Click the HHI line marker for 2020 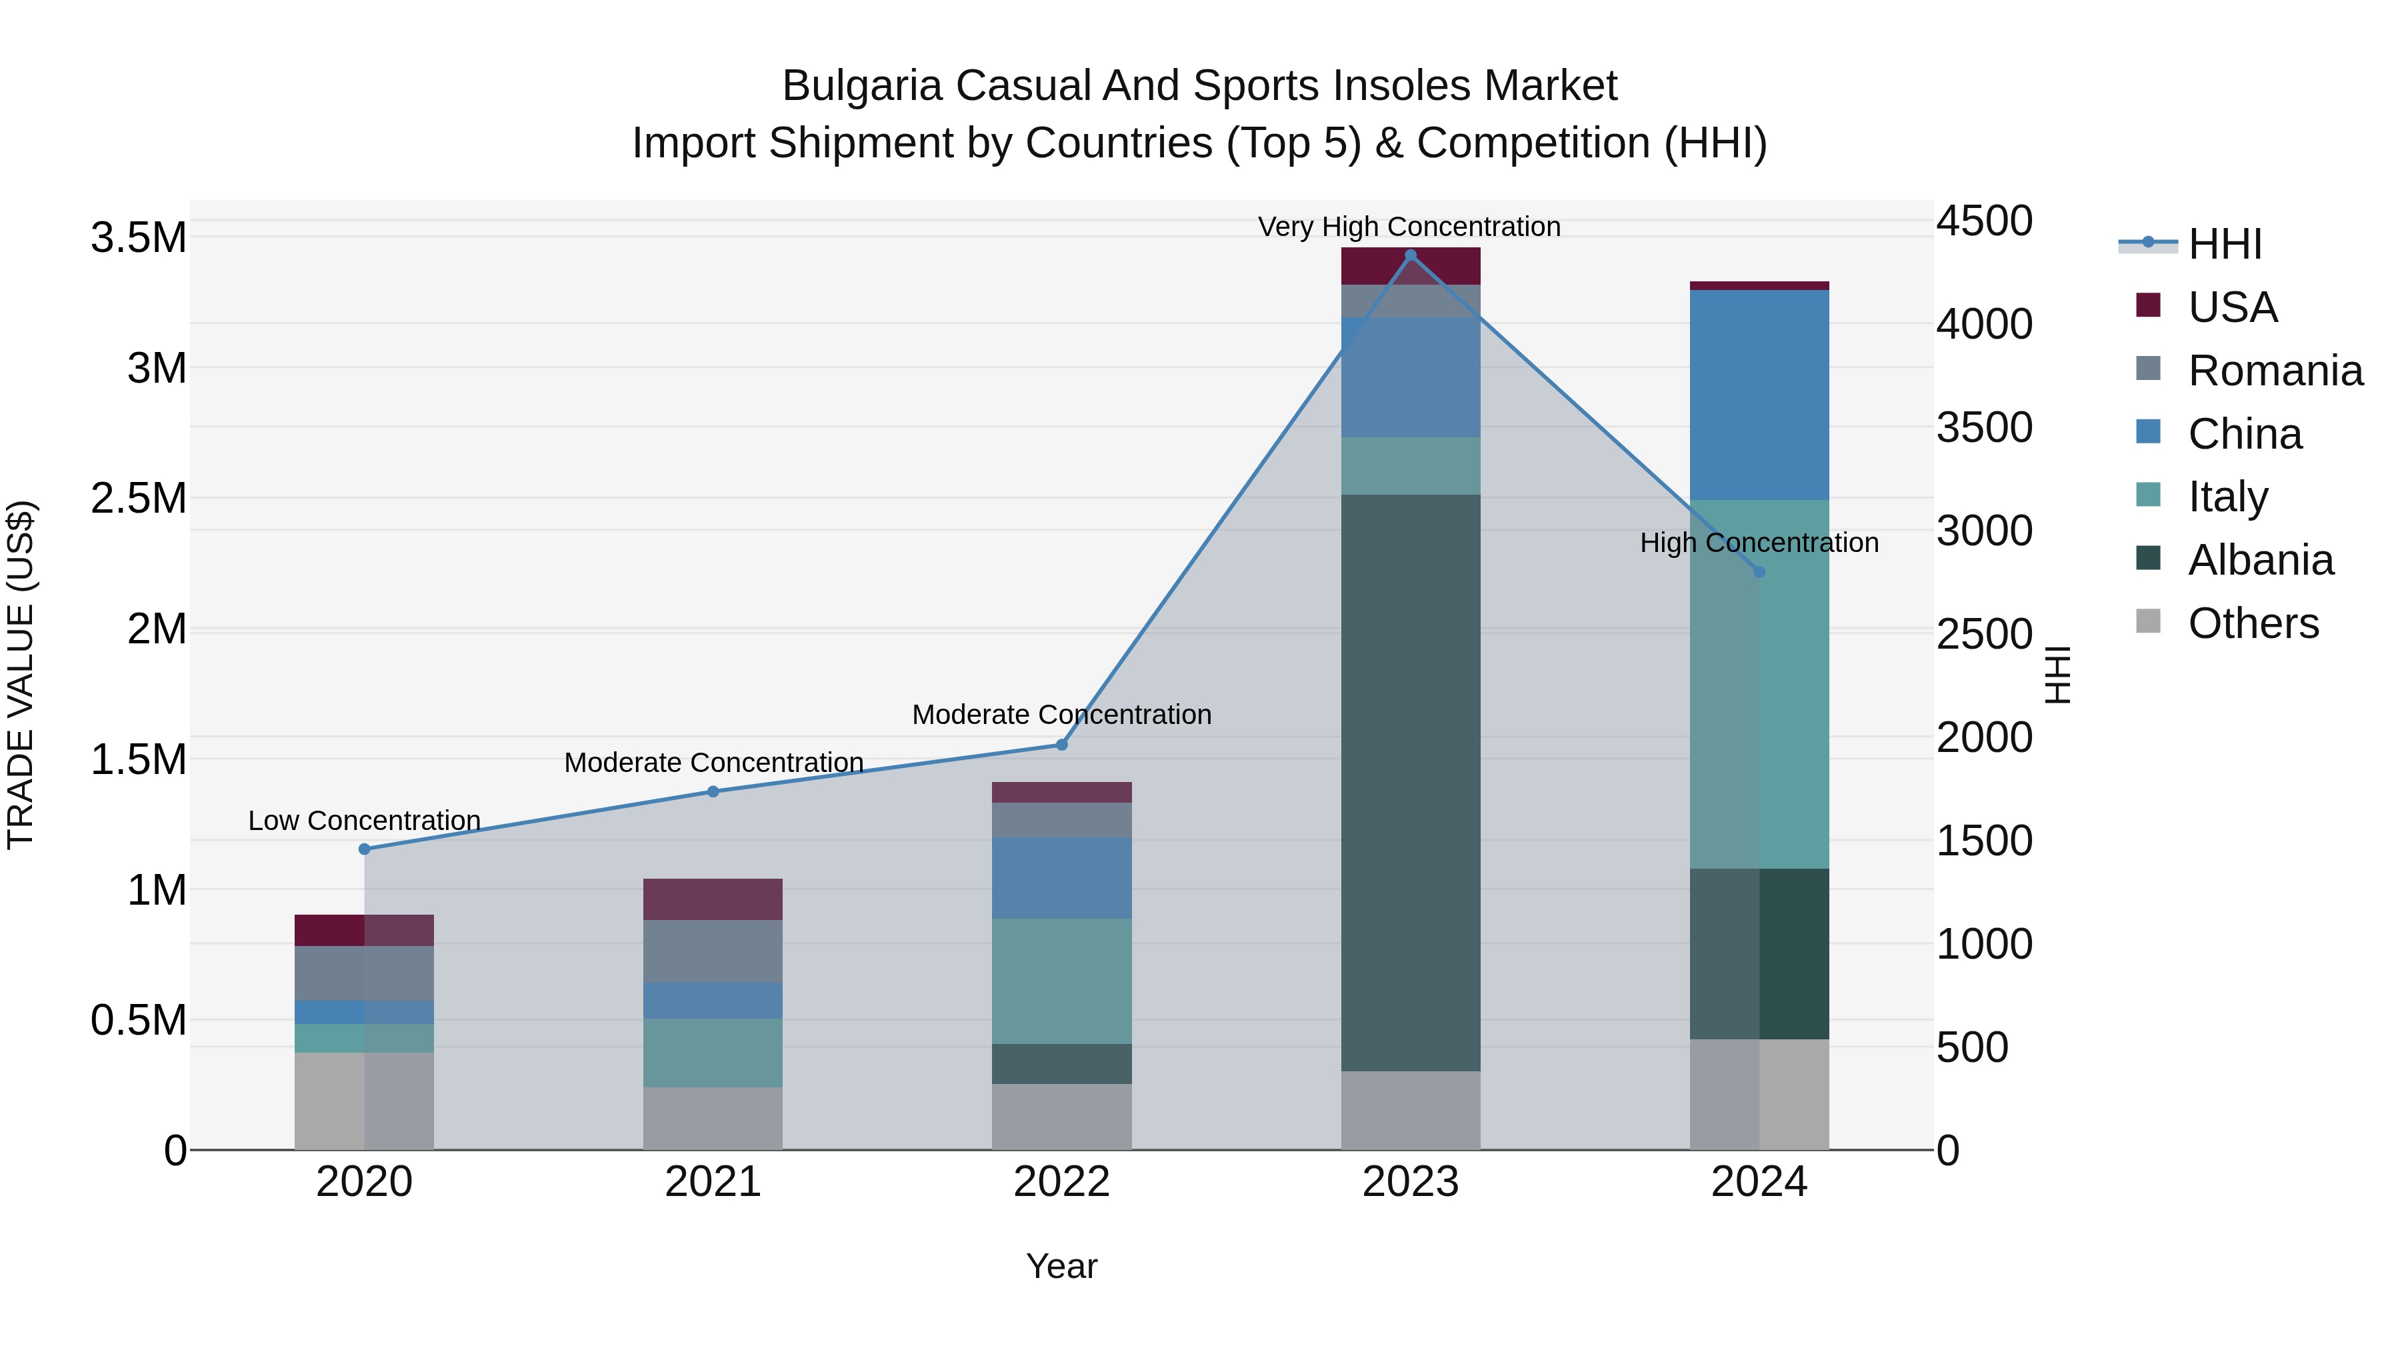[x=364, y=849]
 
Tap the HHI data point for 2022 [x=1061, y=745]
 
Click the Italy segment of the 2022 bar [x=1061, y=981]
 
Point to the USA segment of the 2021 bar [x=713, y=899]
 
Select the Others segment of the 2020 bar [x=364, y=1101]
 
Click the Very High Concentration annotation [x=1409, y=227]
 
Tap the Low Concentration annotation [x=364, y=821]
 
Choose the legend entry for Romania [x=2274, y=371]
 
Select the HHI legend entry [x=2224, y=244]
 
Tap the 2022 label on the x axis [x=1061, y=1182]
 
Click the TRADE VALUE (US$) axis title [x=21, y=675]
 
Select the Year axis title [x=1061, y=1266]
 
